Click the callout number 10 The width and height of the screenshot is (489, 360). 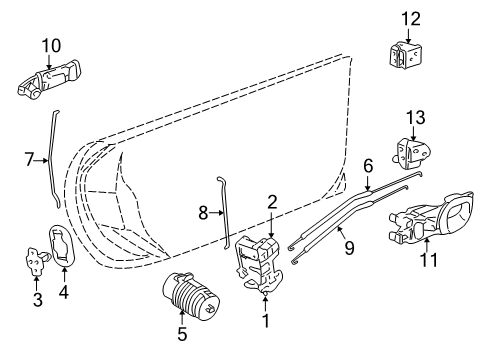click(x=51, y=45)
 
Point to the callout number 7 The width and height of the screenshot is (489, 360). click(x=30, y=158)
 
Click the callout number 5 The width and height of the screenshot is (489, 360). click(x=182, y=333)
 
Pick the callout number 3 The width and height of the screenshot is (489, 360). click(x=37, y=298)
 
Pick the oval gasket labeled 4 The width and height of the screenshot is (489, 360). click(x=62, y=248)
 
